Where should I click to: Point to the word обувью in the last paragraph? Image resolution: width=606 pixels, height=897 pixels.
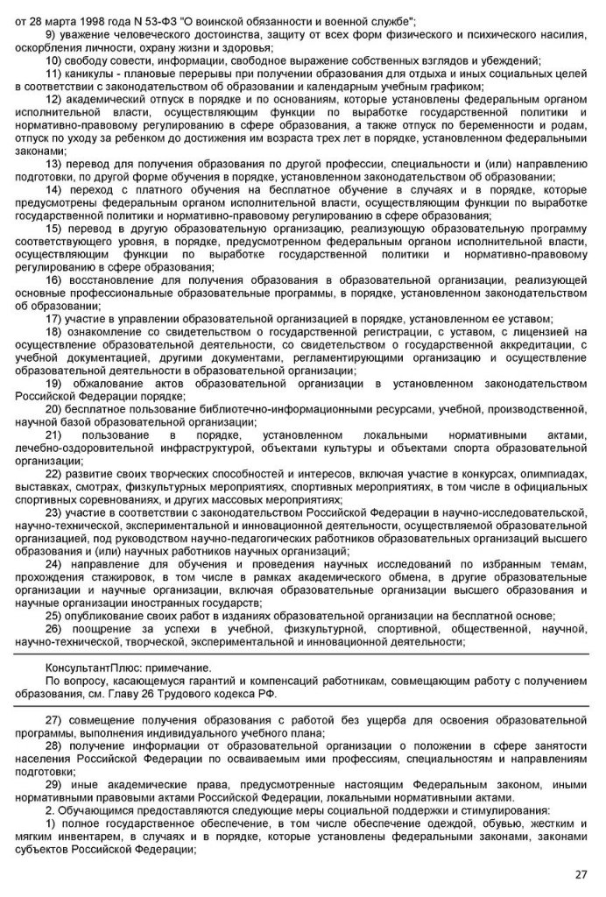456,824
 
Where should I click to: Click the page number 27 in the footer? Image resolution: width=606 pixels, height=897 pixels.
581,874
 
